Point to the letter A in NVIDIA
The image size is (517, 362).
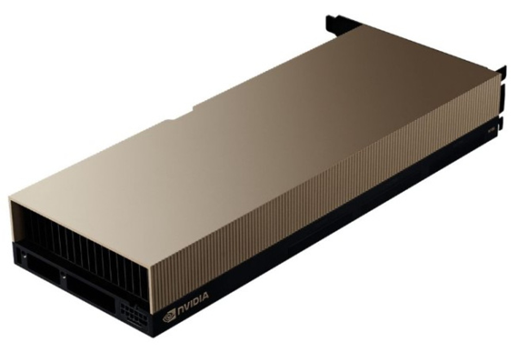coord(205,296)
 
